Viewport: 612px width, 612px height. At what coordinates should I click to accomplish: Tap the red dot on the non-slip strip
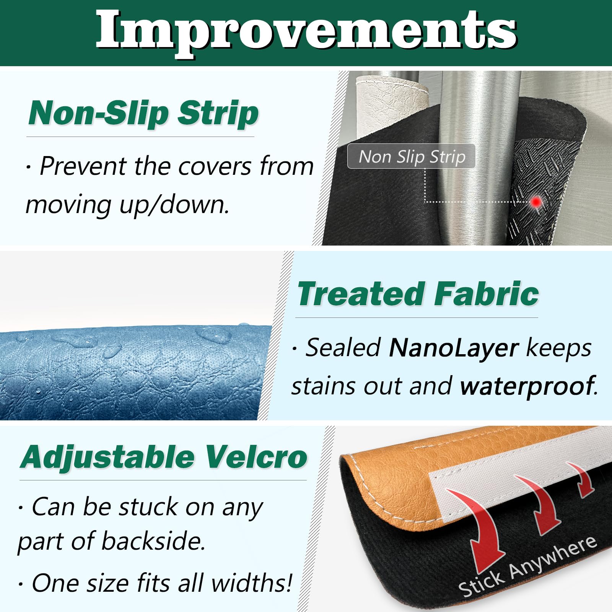pos(536,201)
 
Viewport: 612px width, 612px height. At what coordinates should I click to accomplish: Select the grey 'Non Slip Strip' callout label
pos(411,156)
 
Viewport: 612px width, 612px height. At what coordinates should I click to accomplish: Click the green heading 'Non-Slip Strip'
pos(143,113)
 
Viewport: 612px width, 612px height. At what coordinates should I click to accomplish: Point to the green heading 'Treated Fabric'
pos(418,294)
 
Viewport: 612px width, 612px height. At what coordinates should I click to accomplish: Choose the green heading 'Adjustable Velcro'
pos(164,457)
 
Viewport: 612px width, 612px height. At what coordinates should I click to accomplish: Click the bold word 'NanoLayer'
pos(454,348)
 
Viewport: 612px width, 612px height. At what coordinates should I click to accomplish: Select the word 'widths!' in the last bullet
pos(251,583)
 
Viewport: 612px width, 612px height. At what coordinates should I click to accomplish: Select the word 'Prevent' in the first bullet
pos(83,167)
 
